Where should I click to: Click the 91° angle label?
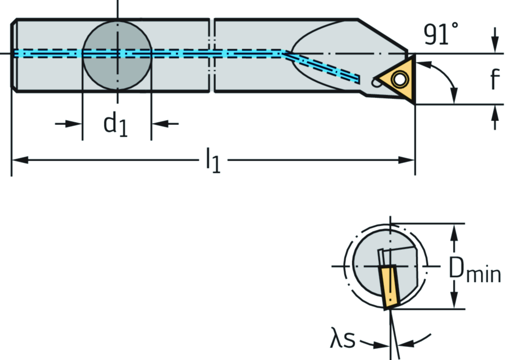pyautogui.click(x=441, y=35)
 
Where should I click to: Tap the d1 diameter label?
pyautogui.click(x=116, y=124)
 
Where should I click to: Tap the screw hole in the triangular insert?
pyautogui.click(x=399, y=78)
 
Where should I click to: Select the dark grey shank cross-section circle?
pyautogui.click(x=117, y=54)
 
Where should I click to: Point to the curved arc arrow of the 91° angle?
pyautogui.click(x=448, y=79)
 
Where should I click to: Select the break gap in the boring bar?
pyautogui.click(x=212, y=54)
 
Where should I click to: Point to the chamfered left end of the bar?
pyautogui.click(x=14, y=54)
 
